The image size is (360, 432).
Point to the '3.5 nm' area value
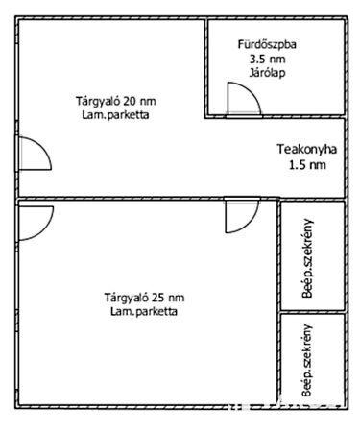pos(268,59)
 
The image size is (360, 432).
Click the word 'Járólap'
pos(268,72)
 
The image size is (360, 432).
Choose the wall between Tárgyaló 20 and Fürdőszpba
pos(206,67)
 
